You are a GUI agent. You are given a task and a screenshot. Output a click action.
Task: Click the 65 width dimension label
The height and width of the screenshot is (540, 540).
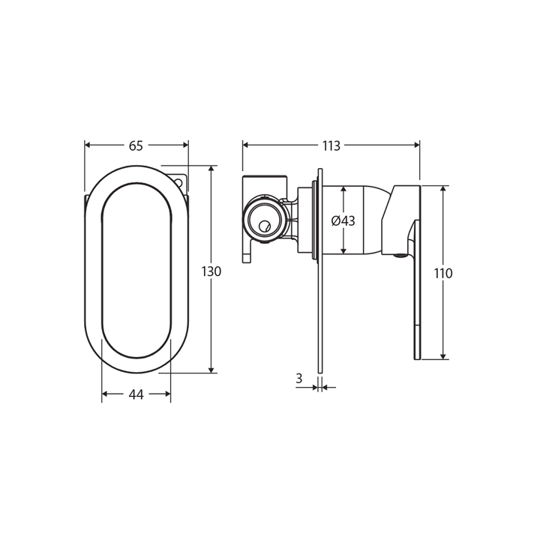[136, 145]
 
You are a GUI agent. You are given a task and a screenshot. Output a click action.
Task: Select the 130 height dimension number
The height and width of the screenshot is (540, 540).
[212, 271]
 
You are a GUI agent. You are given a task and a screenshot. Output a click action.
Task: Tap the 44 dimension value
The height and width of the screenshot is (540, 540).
[136, 393]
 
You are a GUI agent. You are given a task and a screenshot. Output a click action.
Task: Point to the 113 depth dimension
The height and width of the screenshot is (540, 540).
[331, 145]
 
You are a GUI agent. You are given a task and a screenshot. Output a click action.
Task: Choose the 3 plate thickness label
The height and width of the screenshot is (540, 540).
[298, 379]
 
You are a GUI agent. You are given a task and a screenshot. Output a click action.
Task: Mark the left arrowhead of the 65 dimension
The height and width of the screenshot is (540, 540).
[88, 145]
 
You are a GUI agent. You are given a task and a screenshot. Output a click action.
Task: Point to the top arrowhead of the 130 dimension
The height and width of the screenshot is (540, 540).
[212, 170]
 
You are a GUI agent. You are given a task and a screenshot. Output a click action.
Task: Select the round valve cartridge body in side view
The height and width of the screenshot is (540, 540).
[264, 220]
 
